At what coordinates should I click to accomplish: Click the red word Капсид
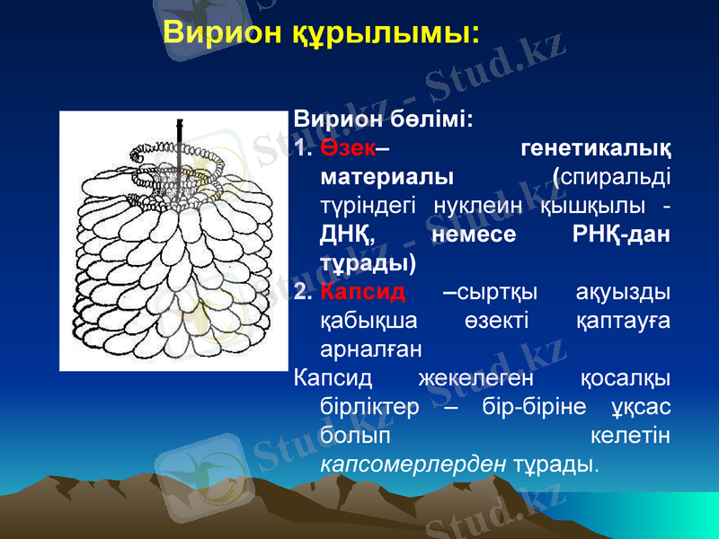363,292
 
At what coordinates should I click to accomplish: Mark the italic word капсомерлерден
414,464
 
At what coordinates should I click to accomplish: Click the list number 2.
301,292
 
